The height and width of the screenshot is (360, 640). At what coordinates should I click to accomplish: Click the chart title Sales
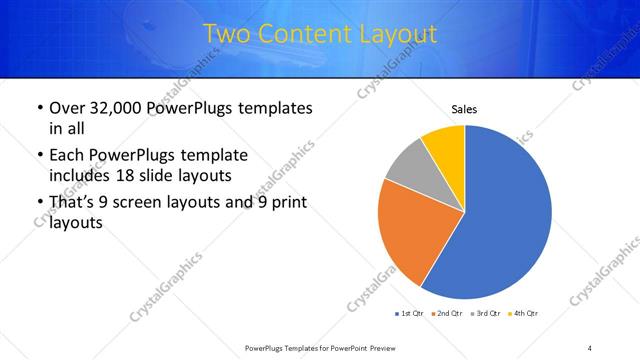click(x=464, y=109)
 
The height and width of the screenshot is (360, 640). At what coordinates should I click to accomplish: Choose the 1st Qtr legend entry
click(x=409, y=314)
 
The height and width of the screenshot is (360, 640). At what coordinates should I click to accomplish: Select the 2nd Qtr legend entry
click(x=446, y=314)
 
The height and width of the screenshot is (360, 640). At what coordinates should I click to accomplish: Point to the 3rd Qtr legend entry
click(x=484, y=314)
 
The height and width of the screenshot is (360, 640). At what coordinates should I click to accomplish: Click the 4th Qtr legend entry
click(x=522, y=314)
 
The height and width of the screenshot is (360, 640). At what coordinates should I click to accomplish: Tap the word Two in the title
click(x=228, y=34)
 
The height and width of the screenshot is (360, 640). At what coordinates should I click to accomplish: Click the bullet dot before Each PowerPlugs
click(x=39, y=156)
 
